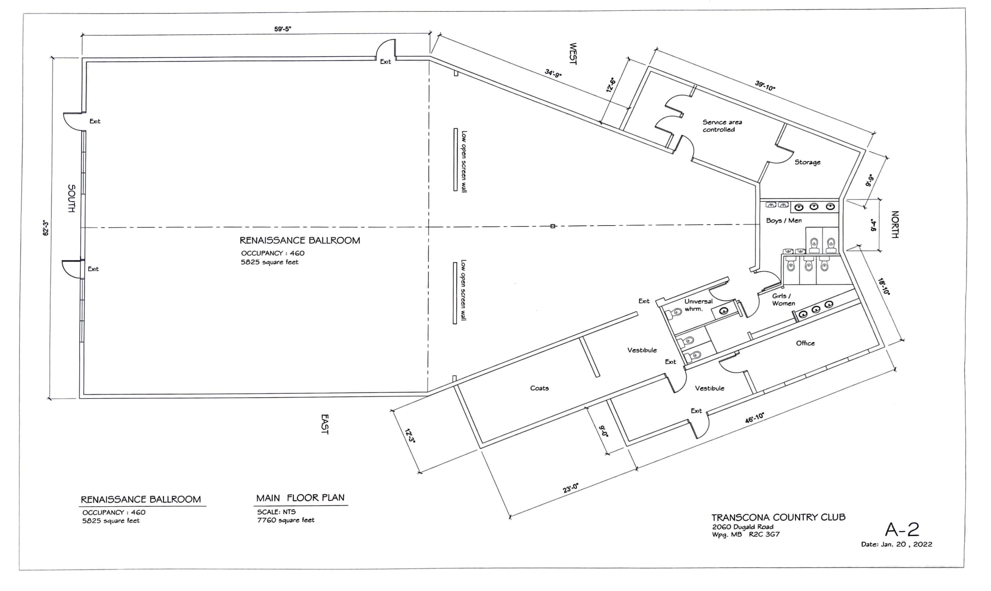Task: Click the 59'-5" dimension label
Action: click(x=283, y=29)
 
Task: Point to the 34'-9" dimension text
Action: click(x=553, y=73)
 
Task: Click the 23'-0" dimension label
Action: click(x=570, y=488)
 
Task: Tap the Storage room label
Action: click(x=807, y=162)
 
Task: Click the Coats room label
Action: click(x=539, y=388)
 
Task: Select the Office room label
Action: click(x=805, y=343)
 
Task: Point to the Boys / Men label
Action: click(x=784, y=221)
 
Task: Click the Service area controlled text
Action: click(x=722, y=126)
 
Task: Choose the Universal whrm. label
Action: click(x=698, y=305)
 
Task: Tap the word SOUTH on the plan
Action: click(x=72, y=198)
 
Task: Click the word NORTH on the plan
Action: click(x=895, y=224)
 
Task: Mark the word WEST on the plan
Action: click(x=573, y=54)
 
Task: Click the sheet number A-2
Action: click(x=902, y=529)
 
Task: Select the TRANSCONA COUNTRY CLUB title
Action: click(x=778, y=517)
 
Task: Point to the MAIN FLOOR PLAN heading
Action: click(x=300, y=498)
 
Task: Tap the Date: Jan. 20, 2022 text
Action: click(x=896, y=544)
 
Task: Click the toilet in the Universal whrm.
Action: click(x=676, y=313)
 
